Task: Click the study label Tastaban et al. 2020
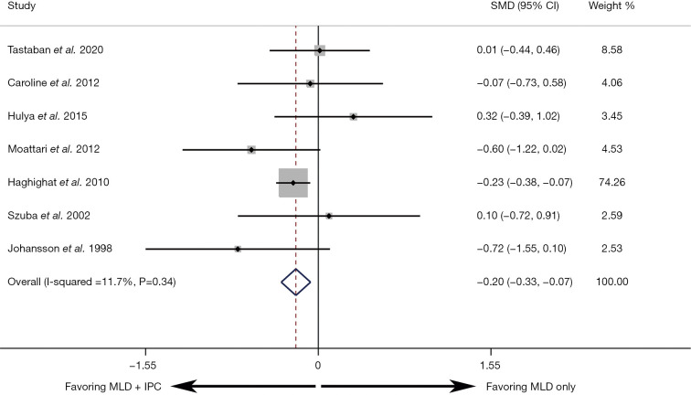pyautogui.click(x=56, y=49)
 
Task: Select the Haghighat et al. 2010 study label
pyautogui.click(x=58, y=182)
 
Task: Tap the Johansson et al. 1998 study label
pyautogui.click(x=60, y=249)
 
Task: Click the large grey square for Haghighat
pyautogui.click(x=293, y=183)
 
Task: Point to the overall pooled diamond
pyautogui.click(x=296, y=282)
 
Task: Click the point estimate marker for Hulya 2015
pyautogui.click(x=354, y=117)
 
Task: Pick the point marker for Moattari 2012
pyautogui.click(x=251, y=150)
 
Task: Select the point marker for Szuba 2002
pyautogui.click(x=329, y=216)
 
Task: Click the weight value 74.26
pyautogui.click(x=611, y=182)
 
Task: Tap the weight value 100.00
pyautogui.click(x=612, y=282)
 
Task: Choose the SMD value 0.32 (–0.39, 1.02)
pyautogui.click(x=518, y=116)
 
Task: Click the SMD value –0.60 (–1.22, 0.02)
pyautogui.click(x=521, y=149)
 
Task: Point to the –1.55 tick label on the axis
pyautogui.click(x=143, y=366)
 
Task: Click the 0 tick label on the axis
pyautogui.click(x=318, y=366)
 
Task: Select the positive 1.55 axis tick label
pyautogui.click(x=490, y=366)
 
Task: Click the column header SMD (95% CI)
pyautogui.click(x=525, y=6)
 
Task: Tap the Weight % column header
pyautogui.click(x=611, y=6)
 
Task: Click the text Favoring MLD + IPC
pyautogui.click(x=113, y=387)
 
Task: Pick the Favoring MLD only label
pyautogui.click(x=531, y=387)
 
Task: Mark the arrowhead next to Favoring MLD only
pyautogui.click(x=465, y=387)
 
